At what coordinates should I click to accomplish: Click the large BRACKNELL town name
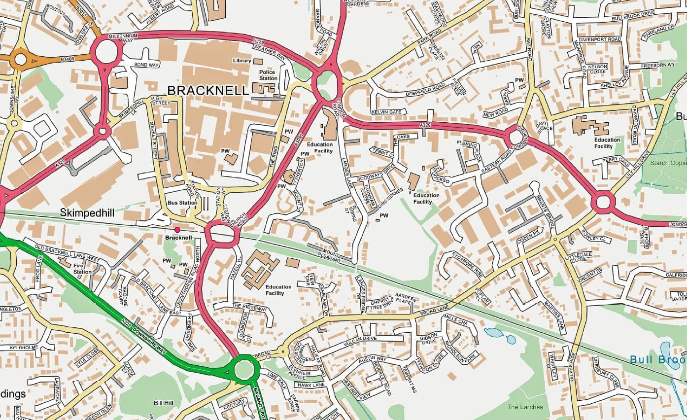(208, 90)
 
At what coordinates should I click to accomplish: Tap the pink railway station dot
(177, 230)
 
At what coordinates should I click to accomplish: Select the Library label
(241, 61)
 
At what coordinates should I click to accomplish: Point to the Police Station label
(268, 75)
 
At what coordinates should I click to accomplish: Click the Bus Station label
(179, 203)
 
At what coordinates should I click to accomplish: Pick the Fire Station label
(82, 268)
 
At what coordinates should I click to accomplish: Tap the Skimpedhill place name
(87, 212)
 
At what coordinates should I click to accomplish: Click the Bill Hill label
(163, 403)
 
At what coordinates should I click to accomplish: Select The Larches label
(525, 407)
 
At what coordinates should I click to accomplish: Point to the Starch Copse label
(668, 163)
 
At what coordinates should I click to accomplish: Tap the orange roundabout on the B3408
(20, 60)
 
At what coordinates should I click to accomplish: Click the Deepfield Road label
(425, 89)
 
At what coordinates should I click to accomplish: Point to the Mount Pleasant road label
(331, 252)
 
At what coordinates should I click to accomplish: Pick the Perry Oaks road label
(611, 161)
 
